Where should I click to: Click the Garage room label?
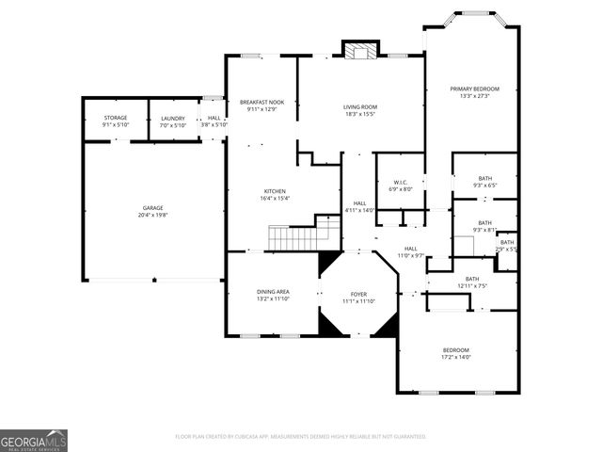pyautogui.click(x=152, y=208)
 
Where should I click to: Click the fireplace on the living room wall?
pyautogui.click(x=358, y=50)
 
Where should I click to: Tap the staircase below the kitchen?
pyautogui.click(x=296, y=237)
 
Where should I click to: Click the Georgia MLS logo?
pyautogui.click(x=34, y=441)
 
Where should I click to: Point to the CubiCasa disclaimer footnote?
pyautogui.click(x=301, y=437)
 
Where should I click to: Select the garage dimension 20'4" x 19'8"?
pyautogui.click(x=152, y=214)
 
